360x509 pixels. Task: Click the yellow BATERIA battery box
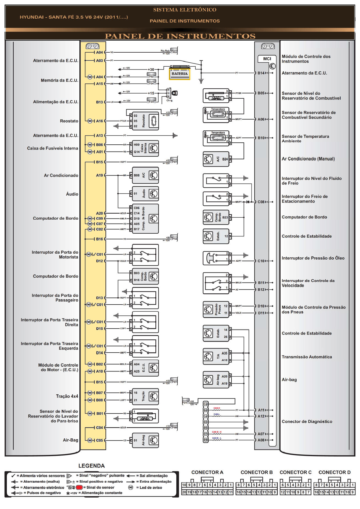click(179, 74)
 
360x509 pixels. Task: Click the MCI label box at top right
click(267, 59)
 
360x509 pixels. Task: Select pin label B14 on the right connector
click(261, 73)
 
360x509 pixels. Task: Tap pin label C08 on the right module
click(261, 202)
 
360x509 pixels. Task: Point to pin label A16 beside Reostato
click(99, 121)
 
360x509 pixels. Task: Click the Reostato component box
click(145, 121)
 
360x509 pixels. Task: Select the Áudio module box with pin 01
click(145, 194)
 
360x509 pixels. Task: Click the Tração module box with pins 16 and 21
click(145, 396)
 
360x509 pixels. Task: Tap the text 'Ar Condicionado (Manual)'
click(308, 159)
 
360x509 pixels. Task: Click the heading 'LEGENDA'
click(91, 466)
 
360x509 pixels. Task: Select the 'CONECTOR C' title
click(295, 472)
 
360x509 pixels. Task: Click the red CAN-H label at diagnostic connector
click(217, 408)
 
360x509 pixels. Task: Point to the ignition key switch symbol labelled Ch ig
click(175, 93)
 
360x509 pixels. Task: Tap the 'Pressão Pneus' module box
click(216, 309)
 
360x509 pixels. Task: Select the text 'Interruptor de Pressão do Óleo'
click(313, 258)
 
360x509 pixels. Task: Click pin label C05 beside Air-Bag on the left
click(99, 440)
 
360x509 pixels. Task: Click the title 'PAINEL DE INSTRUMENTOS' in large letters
click(180, 36)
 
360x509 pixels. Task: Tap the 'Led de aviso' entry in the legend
click(151, 487)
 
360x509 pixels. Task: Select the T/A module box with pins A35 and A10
click(216, 356)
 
